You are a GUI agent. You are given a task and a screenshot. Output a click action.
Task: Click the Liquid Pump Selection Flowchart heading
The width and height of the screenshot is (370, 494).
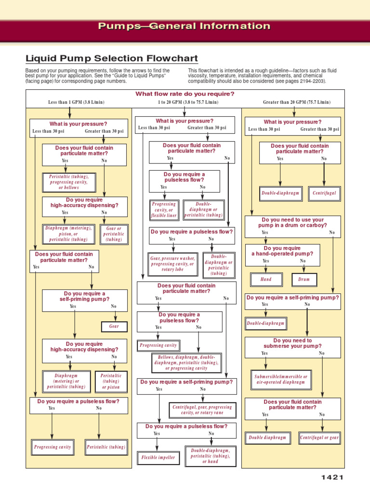[x=112, y=59]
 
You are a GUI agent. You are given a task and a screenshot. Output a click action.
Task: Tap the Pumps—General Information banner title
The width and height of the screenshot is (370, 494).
[x=185, y=26]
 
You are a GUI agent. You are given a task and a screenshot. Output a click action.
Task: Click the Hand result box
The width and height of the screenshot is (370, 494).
[x=266, y=279]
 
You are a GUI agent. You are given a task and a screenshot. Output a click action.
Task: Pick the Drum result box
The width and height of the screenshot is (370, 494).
[x=304, y=279]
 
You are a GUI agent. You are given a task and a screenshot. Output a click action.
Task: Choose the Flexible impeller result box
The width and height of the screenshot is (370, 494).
[x=158, y=457]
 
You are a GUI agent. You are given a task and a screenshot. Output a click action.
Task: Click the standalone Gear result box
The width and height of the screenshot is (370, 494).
[x=114, y=327]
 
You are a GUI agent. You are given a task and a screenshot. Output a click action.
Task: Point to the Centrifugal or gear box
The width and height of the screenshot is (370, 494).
[x=319, y=438]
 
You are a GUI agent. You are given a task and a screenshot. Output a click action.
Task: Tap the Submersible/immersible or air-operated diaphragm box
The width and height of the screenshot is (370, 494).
[x=280, y=379]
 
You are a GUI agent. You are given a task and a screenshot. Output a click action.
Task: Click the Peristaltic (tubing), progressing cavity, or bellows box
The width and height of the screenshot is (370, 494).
[x=69, y=182]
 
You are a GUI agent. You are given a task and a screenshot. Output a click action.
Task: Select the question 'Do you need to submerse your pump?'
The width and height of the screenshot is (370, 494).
[x=292, y=343]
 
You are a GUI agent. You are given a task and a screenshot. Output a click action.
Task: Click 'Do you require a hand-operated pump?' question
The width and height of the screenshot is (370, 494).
[x=282, y=251]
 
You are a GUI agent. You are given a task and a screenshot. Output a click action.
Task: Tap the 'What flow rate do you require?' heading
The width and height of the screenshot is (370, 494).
[x=185, y=94]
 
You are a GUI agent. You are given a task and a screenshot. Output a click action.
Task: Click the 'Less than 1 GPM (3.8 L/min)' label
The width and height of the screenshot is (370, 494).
[x=76, y=102]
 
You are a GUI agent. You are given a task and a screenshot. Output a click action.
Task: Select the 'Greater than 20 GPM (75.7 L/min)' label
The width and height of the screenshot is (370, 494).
[x=297, y=102]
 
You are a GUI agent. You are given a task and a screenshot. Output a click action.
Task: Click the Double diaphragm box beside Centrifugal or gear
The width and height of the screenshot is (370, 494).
[x=267, y=438]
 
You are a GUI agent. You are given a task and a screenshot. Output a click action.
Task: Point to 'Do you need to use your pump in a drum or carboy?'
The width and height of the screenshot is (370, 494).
[x=292, y=222]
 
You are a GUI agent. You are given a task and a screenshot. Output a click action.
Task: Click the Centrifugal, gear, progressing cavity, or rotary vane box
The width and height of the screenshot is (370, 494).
[x=202, y=410]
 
